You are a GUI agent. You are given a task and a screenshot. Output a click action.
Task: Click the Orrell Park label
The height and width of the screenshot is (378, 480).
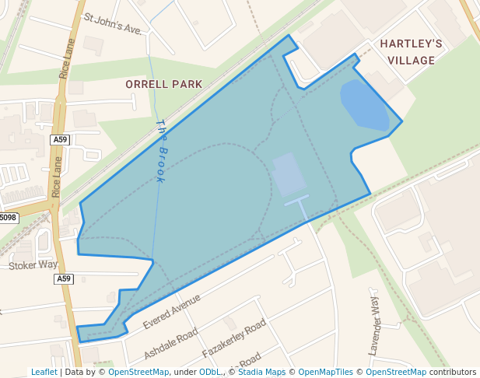(x=163, y=84)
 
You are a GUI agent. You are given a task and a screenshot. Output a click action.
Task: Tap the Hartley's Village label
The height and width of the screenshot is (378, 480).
(x=412, y=51)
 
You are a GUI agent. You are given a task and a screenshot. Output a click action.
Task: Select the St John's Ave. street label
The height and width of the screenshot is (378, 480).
(x=114, y=23)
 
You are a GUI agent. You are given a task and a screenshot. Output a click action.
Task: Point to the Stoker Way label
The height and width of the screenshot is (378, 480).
(x=33, y=265)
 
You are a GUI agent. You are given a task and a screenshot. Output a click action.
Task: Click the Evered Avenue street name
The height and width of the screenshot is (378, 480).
(x=172, y=310)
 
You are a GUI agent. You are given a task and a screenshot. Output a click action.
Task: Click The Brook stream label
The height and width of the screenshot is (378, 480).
(x=160, y=151)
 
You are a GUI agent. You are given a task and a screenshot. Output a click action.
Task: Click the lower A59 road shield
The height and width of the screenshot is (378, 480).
(x=64, y=278)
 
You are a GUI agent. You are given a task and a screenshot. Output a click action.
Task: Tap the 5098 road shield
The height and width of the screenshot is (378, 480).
(x=8, y=218)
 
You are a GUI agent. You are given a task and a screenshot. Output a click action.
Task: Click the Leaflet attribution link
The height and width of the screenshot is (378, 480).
(x=44, y=372)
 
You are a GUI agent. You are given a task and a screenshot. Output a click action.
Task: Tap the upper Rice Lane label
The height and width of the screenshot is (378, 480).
(x=67, y=58)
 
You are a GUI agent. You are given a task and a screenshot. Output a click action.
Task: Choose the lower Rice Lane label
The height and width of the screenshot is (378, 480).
(x=56, y=177)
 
